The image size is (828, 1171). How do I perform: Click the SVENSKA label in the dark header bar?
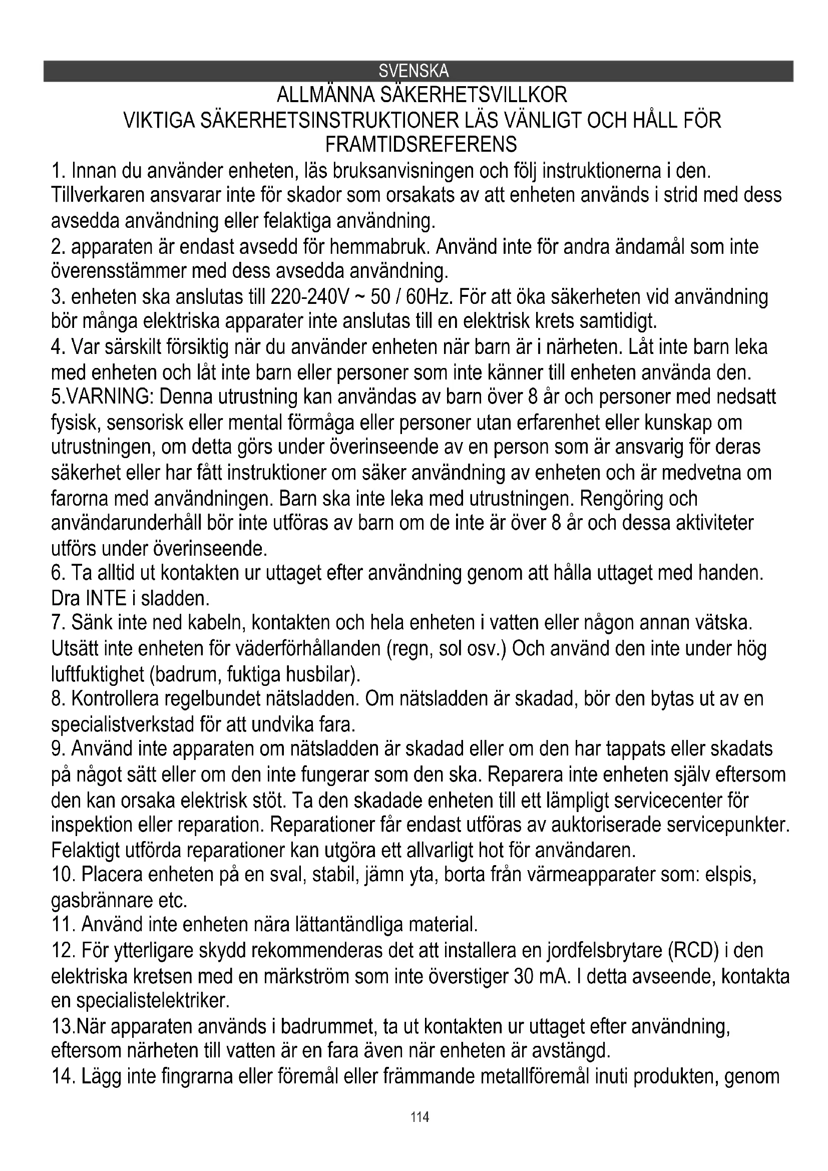coord(413,71)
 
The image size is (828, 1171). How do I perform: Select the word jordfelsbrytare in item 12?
coord(603,952)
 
